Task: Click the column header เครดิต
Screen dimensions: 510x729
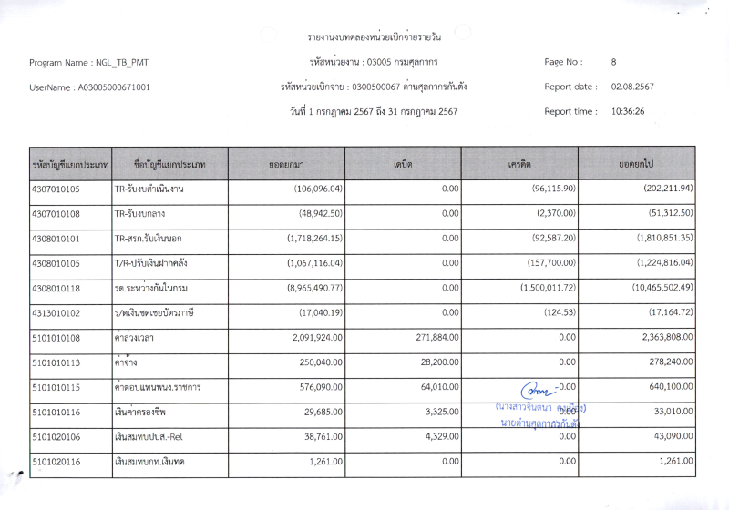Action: tap(519, 164)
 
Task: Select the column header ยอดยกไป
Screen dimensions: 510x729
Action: tap(637, 164)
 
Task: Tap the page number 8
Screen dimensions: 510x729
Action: tap(614, 62)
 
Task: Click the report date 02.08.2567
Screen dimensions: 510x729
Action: tap(632, 87)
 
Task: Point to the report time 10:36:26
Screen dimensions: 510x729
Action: tap(628, 111)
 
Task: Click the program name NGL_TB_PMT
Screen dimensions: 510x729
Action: tap(121, 63)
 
